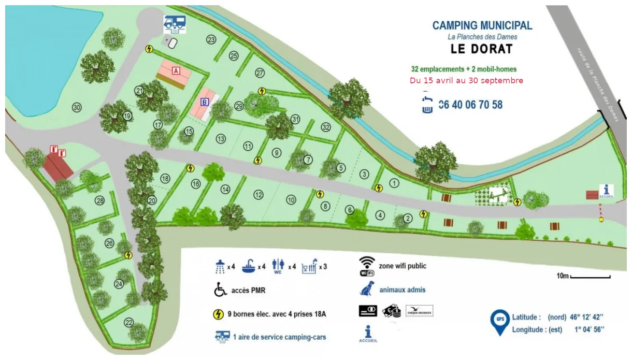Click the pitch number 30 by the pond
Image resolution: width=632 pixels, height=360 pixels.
click(x=77, y=108)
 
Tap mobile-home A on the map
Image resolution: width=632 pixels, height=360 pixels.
click(x=175, y=74)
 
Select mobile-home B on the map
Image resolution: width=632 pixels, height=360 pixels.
click(x=206, y=104)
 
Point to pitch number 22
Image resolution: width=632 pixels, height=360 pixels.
click(x=128, y=323)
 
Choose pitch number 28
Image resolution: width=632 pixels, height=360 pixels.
click(x=99, y=200)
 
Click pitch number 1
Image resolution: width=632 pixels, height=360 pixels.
click(x=395, y=182)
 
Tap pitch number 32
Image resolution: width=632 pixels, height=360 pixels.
click(x=325, y=127)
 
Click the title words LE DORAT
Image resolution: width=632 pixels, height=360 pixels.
click(x=482, y=49)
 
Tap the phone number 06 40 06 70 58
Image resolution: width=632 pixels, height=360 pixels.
click(x=470, y=105)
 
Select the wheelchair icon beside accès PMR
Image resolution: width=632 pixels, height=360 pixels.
click(x=221, y=291)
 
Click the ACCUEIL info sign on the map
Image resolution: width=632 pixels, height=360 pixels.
click(x=606, y=191)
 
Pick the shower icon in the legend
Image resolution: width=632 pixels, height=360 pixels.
click(x=220, y=267)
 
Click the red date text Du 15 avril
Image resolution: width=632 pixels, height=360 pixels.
click(x=466, y=80)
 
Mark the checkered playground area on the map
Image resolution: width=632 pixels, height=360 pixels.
click(x=492, y=195)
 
